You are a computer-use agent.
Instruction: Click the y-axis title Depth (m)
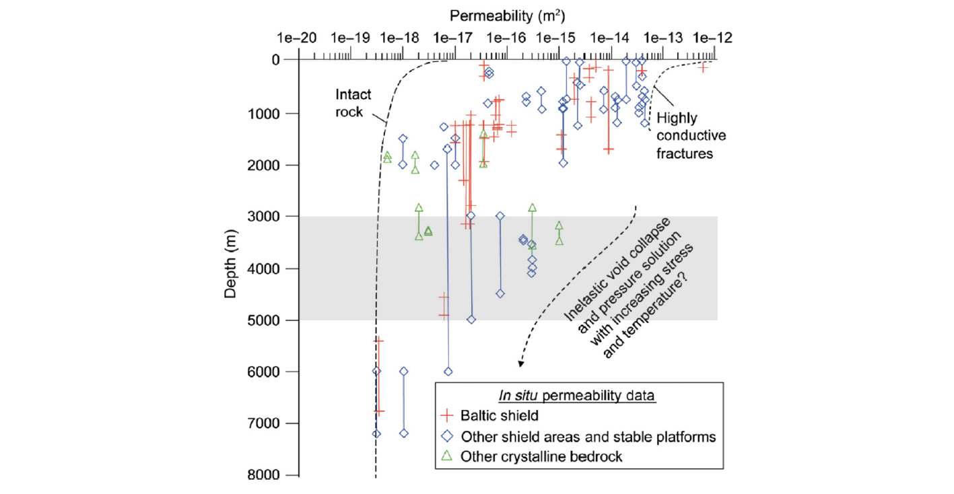231,267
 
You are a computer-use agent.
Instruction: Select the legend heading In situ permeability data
578,395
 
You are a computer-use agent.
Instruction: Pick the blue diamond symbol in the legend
446,436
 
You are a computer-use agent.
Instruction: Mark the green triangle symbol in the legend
446,456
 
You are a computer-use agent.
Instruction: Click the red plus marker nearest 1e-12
704,67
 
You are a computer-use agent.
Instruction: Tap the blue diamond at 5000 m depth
471,320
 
